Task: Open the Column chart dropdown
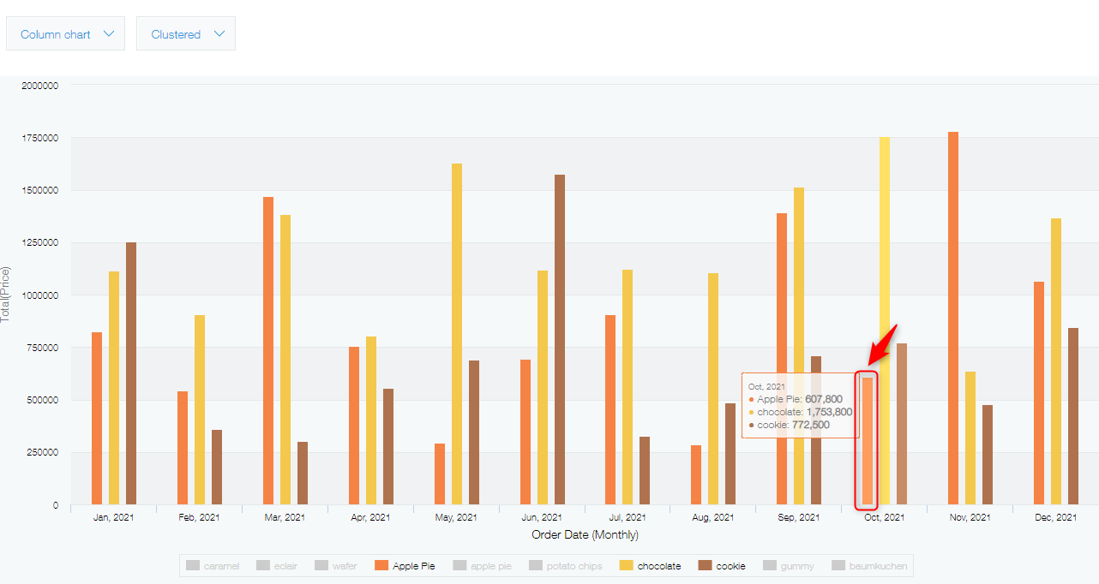click(x=66, y=34)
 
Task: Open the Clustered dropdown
click(x=186, y=34)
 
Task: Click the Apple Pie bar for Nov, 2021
click(x=953, y=318)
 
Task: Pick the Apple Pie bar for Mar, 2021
click(x=268, y=350)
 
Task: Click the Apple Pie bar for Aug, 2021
click(x=696, y=474)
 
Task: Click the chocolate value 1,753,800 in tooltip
click(x=829, y=412)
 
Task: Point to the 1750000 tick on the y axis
click(x=39, y=138)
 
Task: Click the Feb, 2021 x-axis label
click(x=199, y=517)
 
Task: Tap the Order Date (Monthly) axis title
click(x=585, y=534)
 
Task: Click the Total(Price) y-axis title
click(x=7, y=294)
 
